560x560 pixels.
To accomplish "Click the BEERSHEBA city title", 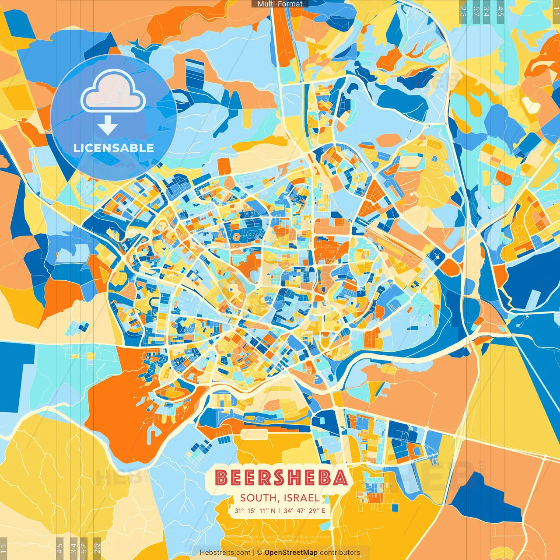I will pos(281,478).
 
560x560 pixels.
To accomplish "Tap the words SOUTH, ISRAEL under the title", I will pos(280,498).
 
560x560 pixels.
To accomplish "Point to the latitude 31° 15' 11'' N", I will pos(255,511).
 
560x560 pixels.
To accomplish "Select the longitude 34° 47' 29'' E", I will pos(304,511).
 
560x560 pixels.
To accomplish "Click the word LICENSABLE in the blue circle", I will pos(114,148).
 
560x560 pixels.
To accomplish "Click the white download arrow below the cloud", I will pos(108,126).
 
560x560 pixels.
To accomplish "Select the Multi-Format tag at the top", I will pos(280,4).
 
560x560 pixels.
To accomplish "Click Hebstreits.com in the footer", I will pos(225,553).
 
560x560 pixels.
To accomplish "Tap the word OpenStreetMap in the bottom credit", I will pos(291,553).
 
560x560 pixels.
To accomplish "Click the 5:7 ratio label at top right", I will pos(476,11).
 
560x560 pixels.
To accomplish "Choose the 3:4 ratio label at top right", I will pos(486,11).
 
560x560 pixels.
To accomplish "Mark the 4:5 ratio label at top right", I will pos(500,11).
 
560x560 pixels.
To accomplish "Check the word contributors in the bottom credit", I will pos(340,553).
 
